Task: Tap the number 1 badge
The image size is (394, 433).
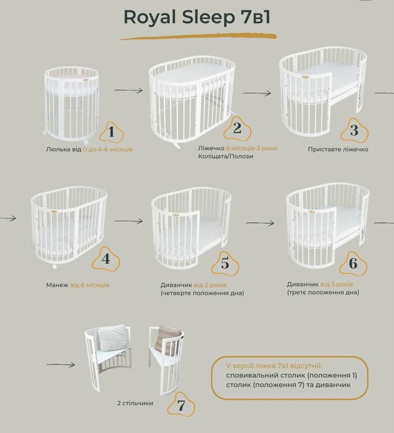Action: pyautogui.click(x=112, y=131)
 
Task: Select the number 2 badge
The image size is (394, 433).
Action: pyautogui.click(x=237, y=128)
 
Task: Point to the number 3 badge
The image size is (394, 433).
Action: pyautogui.click(x=354, y=130)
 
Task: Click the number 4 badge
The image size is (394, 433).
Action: pyautogui.click(x=106, y=259)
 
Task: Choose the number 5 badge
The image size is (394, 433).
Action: pyautogui.click(x=224, y=263)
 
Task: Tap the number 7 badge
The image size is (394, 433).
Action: pyautogui.click(x=181, y=406)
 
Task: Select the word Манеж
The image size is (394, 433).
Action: pyautogui.click(x=58, y=285)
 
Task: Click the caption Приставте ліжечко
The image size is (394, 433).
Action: pyautogui.click(x=338, y=149)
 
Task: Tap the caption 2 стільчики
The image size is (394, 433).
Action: pyautogui.click(x=134, y=403)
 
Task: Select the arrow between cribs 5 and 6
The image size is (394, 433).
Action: pyautogui.click(x=260, y=222)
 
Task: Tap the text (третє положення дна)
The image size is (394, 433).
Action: pyautogui.click(x=322, y=292)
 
